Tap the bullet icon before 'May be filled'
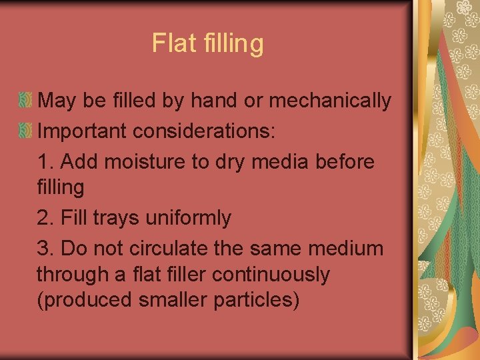tap(26, 101)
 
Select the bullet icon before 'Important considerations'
tap(26, 131)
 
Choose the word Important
tap(82, 131)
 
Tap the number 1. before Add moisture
tap(46, 161)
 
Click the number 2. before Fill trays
tap(46, 218)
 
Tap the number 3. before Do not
tap(46, 249)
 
